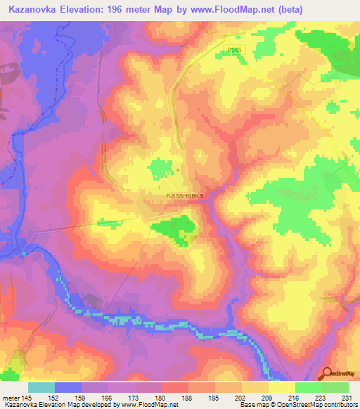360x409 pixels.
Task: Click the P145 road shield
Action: [235, 50]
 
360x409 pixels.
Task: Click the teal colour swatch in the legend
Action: [41, 387]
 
